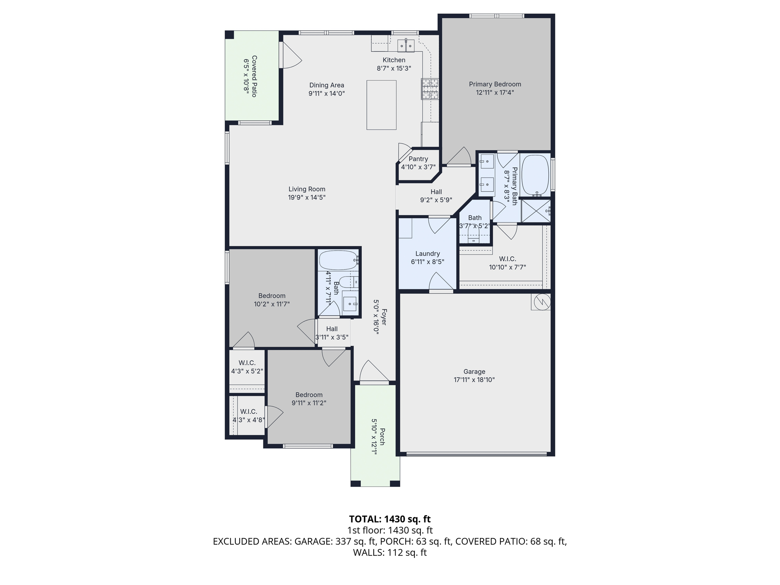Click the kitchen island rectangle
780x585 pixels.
381,105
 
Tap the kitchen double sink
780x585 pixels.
406,46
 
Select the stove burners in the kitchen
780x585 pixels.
430,89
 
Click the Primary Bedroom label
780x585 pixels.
495,84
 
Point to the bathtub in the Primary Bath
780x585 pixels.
535,175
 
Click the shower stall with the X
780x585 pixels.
535,211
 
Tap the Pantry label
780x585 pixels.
418,159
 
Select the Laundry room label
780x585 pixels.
428,254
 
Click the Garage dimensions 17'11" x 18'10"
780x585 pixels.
474,380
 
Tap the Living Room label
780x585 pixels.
307,189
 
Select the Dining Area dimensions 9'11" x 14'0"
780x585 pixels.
327,93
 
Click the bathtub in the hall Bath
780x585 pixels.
339,260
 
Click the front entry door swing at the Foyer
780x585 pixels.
374,371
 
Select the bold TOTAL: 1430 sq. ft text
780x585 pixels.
390,519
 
